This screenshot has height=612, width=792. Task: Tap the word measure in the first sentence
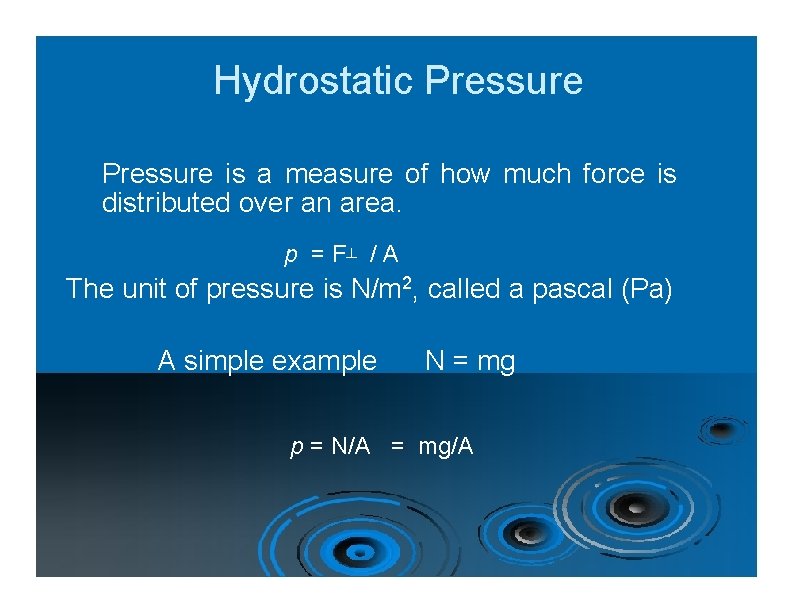[x=338, y=174]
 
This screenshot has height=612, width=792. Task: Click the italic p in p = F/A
[x=291, y=256]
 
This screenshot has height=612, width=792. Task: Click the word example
[x=326, y=360]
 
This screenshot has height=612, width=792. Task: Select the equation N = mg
[x=470, y=360]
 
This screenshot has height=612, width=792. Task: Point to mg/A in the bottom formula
[x=446, y=447]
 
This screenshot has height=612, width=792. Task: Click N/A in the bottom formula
[x=349, y=447]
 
